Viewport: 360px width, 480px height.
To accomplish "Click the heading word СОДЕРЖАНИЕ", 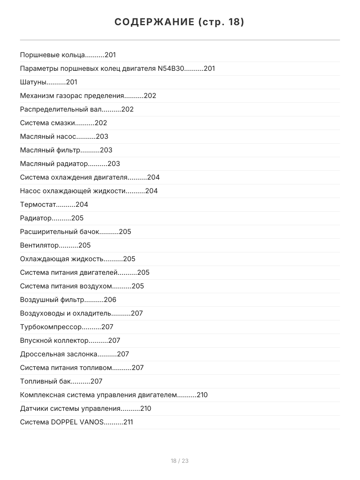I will (x=154, y=22).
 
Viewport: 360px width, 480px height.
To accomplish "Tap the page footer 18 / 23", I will (x=180, y=461).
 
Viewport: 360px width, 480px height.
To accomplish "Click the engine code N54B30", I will (x=171, y=68).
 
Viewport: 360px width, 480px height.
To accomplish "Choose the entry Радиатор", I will (x=36, y=218).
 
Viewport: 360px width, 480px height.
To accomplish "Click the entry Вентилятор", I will (x=39, y=245).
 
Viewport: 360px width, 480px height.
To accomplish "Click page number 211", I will (x=128, y=422).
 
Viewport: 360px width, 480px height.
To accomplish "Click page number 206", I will (x=110, y=300).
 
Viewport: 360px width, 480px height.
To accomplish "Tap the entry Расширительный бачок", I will (x=59, y=232).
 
